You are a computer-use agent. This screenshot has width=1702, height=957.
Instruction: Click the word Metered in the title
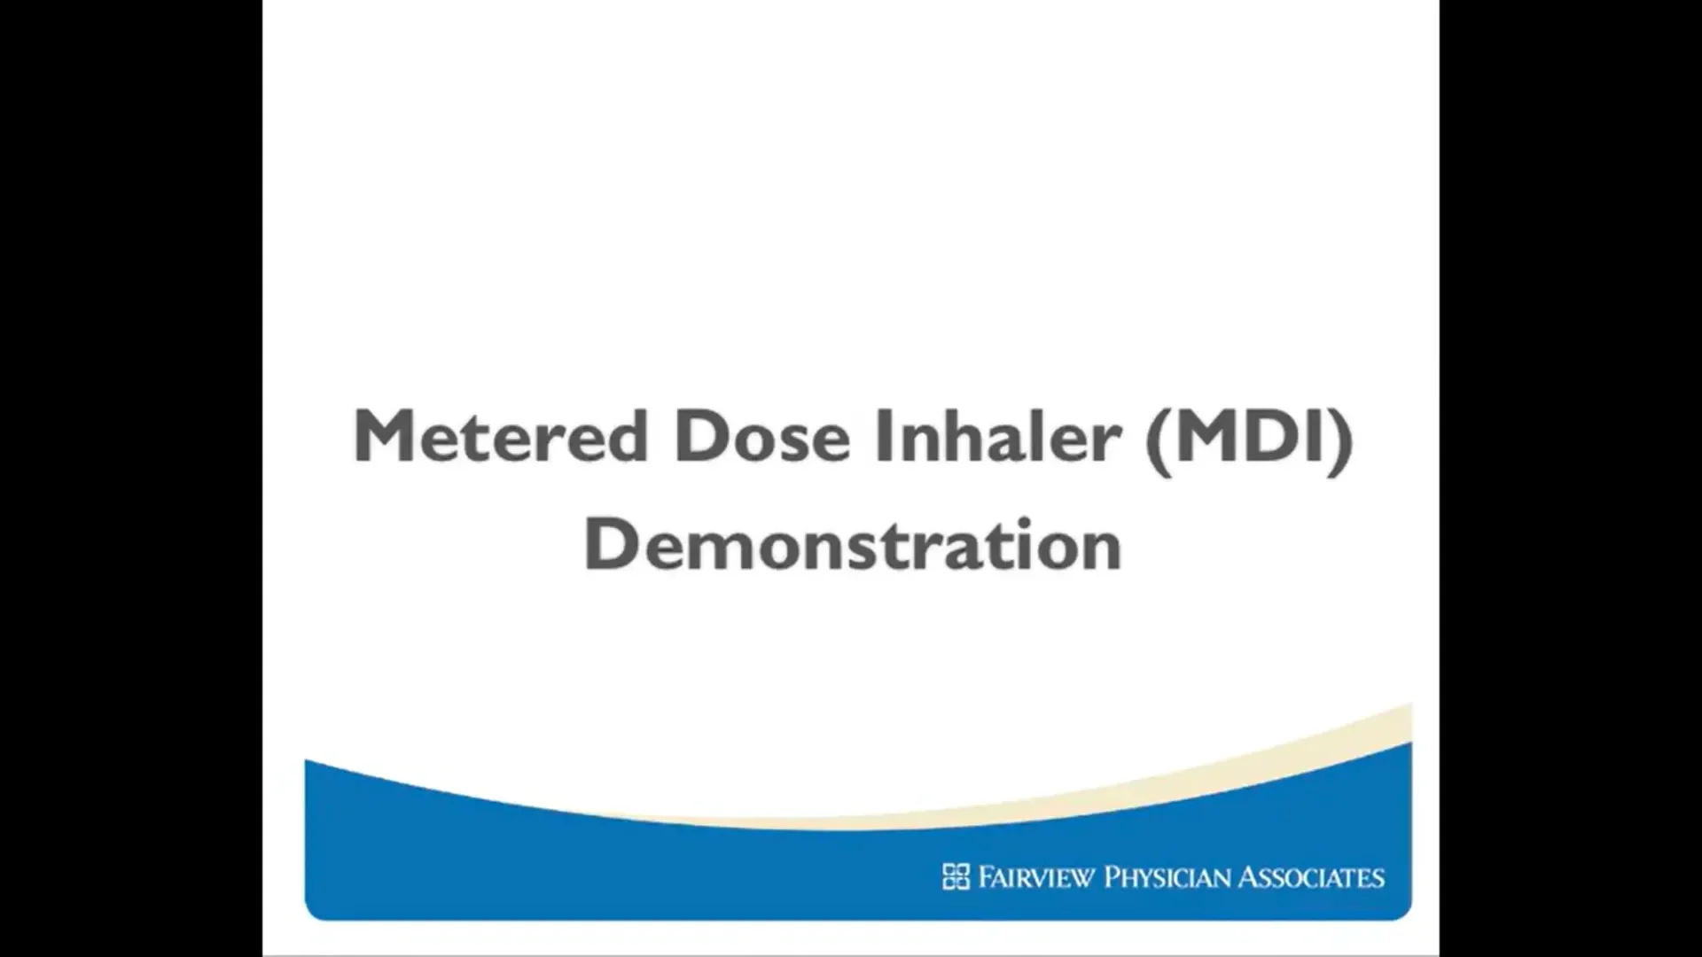(501, 435)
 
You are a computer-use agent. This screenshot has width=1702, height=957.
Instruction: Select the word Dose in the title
(761, 435)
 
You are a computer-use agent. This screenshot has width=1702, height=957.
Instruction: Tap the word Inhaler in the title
(998, 435)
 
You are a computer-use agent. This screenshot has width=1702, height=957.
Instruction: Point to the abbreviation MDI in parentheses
(1249, 435)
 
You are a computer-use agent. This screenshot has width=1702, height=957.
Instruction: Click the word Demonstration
(853, 543)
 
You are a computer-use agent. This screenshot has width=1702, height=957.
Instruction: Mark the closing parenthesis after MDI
(1341, 439)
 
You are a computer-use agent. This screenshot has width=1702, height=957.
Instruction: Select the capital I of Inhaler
(884, 435)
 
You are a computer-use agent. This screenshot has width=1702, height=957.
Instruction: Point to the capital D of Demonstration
(611, 543)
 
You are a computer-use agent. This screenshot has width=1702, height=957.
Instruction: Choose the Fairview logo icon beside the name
(956, 876)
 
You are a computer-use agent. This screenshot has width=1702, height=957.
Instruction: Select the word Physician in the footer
(1167, 877)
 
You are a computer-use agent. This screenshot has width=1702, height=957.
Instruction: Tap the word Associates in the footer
(1312, 877)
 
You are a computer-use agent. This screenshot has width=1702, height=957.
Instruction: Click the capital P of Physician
(1112, 877)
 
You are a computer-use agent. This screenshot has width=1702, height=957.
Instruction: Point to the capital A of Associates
(1250, 877)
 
